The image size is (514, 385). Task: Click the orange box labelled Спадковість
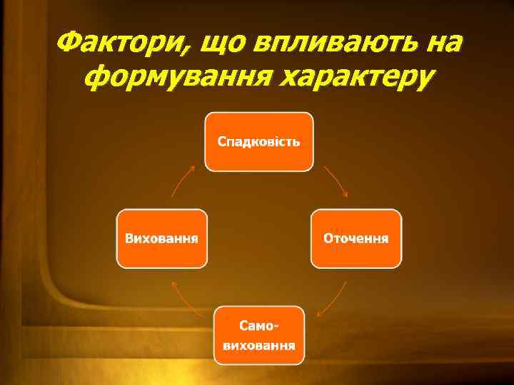tap(258, 141)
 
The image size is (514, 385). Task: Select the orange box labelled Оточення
tap(356, 238)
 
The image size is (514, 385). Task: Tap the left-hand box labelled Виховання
tap(161, 238)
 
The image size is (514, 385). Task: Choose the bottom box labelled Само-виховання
tap(258, 335)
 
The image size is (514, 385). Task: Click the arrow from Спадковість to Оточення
tap(335, 181)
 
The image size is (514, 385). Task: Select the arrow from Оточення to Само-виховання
tap(333, 298)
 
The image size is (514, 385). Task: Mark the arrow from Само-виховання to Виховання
tap(183, 297)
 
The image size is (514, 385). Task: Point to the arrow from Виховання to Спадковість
tap(183, 181)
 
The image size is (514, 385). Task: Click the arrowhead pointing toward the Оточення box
tap(345, 194)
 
